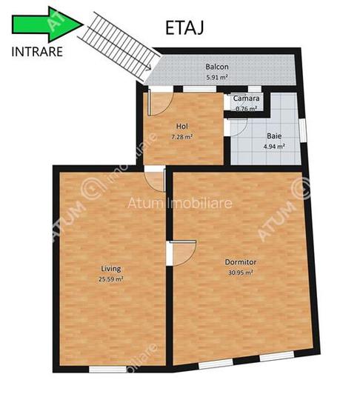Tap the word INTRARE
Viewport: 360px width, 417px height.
(x=38, y=52)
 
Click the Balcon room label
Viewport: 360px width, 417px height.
(x=216, y=67)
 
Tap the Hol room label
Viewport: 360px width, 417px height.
(x=182, y=127)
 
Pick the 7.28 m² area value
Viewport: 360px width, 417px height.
(x=182, y=137)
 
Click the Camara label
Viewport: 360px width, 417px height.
(x=246, y=99)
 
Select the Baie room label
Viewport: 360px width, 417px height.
(x=273, y=136)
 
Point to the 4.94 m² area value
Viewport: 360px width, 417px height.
(x=273, y=147)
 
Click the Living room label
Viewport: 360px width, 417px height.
(x=111, y=268)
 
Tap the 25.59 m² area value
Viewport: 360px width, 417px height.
(x=111, y=279)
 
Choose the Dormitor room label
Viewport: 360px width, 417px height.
(x=240, y=262)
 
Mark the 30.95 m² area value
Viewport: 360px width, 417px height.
(x=240, y=273)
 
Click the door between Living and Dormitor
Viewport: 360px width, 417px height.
(x=181, y=253)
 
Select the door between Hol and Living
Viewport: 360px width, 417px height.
(x=155, y=178)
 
